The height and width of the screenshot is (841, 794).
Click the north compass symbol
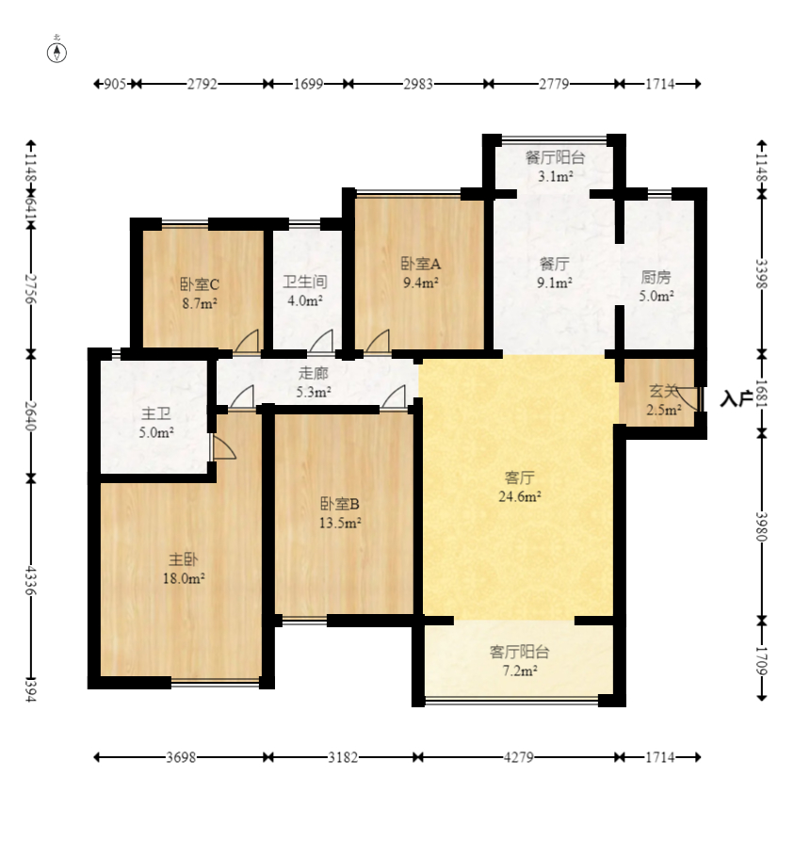tap(57, 52)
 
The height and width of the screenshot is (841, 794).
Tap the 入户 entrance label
tap(736, 399)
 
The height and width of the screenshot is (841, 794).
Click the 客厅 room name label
tap(519, 477)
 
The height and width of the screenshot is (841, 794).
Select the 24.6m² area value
tap(519, 496)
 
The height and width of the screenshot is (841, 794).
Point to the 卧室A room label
tap(421, 264)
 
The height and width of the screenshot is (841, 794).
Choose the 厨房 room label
tap(656, 277)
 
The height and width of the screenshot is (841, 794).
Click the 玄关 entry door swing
tap(689, 399)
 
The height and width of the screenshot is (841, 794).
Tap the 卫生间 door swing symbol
tap(321, 341)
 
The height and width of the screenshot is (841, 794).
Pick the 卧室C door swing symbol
tap(247, 341)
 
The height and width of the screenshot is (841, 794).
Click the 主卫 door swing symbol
tap(224, 448)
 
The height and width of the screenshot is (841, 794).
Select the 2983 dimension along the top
tap(418, 84)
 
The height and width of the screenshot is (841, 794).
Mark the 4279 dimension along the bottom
tap(518, 757)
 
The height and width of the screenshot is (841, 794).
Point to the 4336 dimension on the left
tap(30, 580)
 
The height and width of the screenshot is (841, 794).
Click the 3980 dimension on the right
tap(762, 526)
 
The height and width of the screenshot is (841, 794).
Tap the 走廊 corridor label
tap(313, 373)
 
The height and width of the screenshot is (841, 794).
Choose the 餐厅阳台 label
tap(555, 157)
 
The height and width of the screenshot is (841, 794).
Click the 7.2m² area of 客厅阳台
tap(519, 671)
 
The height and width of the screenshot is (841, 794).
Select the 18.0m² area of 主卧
tap(184, 579)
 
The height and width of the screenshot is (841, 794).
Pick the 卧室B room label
tap(340, 504)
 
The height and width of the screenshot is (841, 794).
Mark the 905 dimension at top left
tap(114, 84)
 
